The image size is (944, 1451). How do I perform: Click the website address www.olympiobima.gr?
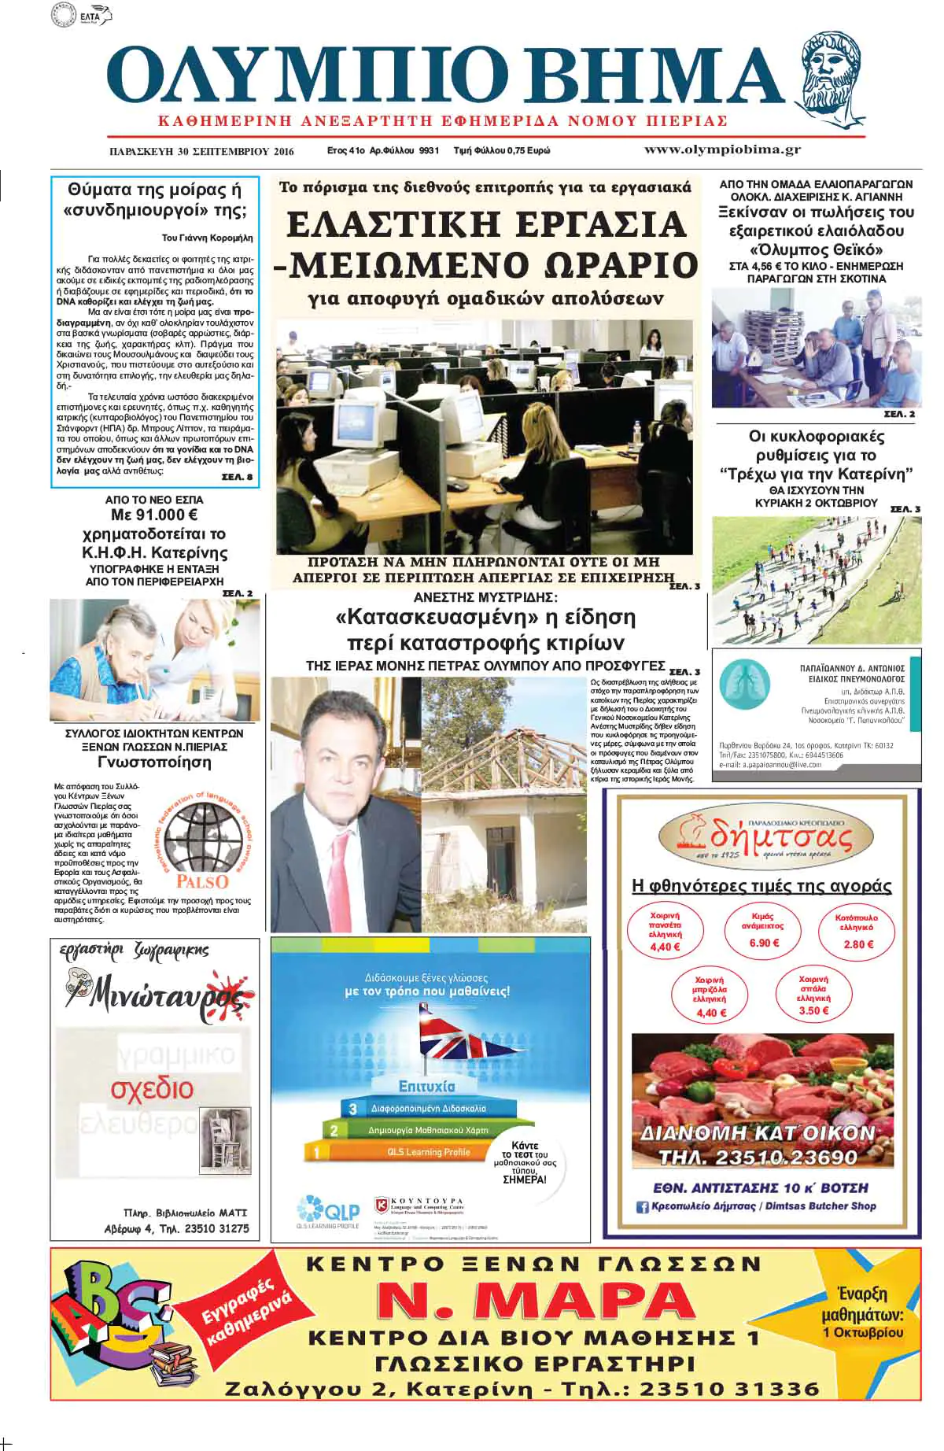coord(722,150)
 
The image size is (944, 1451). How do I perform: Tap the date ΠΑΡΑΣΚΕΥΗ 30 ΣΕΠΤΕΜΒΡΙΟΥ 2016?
coord(201,151)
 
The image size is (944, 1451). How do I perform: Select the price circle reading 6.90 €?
coord(763,930)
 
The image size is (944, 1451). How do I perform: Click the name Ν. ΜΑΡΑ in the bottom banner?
coord(535,1301)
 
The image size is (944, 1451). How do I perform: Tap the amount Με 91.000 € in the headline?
coord(154,515)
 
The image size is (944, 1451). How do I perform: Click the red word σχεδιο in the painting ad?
coord(153,1089)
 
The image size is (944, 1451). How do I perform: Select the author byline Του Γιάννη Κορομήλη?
coord(207,238)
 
